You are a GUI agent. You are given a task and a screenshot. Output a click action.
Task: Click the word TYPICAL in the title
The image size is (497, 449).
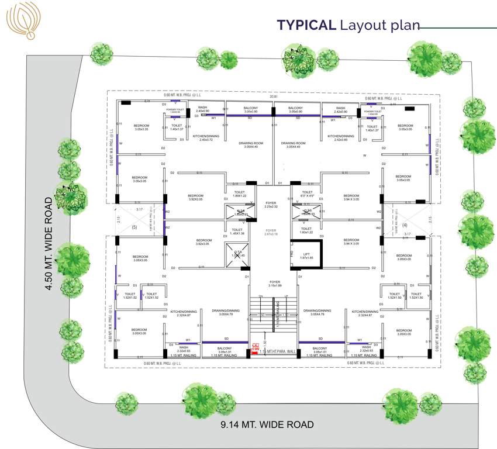pyautogui.click(x=306, y=25)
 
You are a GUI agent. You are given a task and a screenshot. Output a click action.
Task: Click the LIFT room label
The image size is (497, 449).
pyautogui.click(x=306, y=255)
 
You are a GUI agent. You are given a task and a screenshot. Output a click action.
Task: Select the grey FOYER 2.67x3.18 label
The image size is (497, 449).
pyautogui.click(x=271, y=233)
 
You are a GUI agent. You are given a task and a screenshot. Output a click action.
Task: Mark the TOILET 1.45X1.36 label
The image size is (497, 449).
pyautogui.click(x=237, y=232)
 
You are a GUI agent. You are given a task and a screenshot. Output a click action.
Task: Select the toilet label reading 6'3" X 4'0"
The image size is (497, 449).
pyautogui.click(x=308, y=194)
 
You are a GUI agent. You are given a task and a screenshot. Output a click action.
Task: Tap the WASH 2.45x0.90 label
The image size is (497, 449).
pyautogui.click(x=202, y=109)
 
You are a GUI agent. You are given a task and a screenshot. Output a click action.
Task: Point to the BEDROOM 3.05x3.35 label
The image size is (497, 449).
pyautogui.click(x=141, y=127)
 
